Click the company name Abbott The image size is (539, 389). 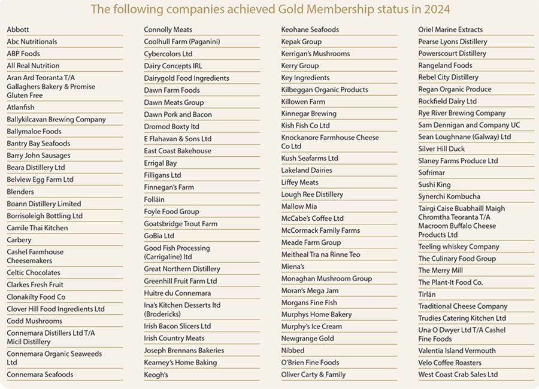(18, 29)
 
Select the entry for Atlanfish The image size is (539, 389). (21, 108)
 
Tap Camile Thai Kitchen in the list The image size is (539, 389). (37, 228)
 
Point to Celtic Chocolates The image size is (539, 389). (34, 273)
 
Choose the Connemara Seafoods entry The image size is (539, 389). (40, 375)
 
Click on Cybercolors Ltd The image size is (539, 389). (168, 54)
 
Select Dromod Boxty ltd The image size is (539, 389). (172, 127)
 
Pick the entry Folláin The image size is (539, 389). (155, 199)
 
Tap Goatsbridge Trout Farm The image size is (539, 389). (181, 224)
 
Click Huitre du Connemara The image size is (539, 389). (177, 293)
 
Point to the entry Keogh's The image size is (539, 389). (156, 375)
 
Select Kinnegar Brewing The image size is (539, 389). (309, 114)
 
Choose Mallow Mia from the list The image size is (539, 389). (299, 206)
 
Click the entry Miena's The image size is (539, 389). (293, 266)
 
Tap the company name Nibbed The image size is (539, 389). (293, 351)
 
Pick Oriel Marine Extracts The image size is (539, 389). (450, 29)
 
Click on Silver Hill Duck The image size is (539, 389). (441, 149)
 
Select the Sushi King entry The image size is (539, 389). (434, 185)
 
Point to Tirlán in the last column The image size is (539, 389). (427, 294)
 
